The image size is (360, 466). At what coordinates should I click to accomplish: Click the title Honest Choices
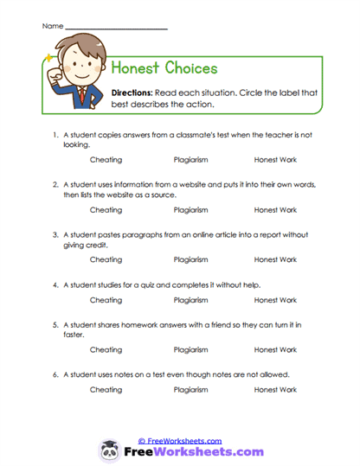[x=164, y=68]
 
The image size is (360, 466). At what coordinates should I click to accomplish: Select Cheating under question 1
[x=106, y=160]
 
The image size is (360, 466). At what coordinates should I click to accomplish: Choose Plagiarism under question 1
[x=190, y=160]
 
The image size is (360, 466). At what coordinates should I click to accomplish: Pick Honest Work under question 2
[x=275, y=209]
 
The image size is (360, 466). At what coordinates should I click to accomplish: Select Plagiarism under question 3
[x=190, y=259]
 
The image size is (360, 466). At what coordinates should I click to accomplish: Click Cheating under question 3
[x=106, y=259]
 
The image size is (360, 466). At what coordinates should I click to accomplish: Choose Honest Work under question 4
[x=275, y=300]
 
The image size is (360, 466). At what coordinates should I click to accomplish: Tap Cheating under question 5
[x=106, y=349]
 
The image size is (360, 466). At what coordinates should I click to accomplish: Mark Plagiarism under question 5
[x=190, y=349]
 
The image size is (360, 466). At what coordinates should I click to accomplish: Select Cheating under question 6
[x=106, y=390]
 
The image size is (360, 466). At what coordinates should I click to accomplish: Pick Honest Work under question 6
[x=275, y=390]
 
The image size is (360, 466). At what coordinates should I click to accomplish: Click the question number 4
[x=54, y=284]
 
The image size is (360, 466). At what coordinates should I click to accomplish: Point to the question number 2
[x=54, y=185]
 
